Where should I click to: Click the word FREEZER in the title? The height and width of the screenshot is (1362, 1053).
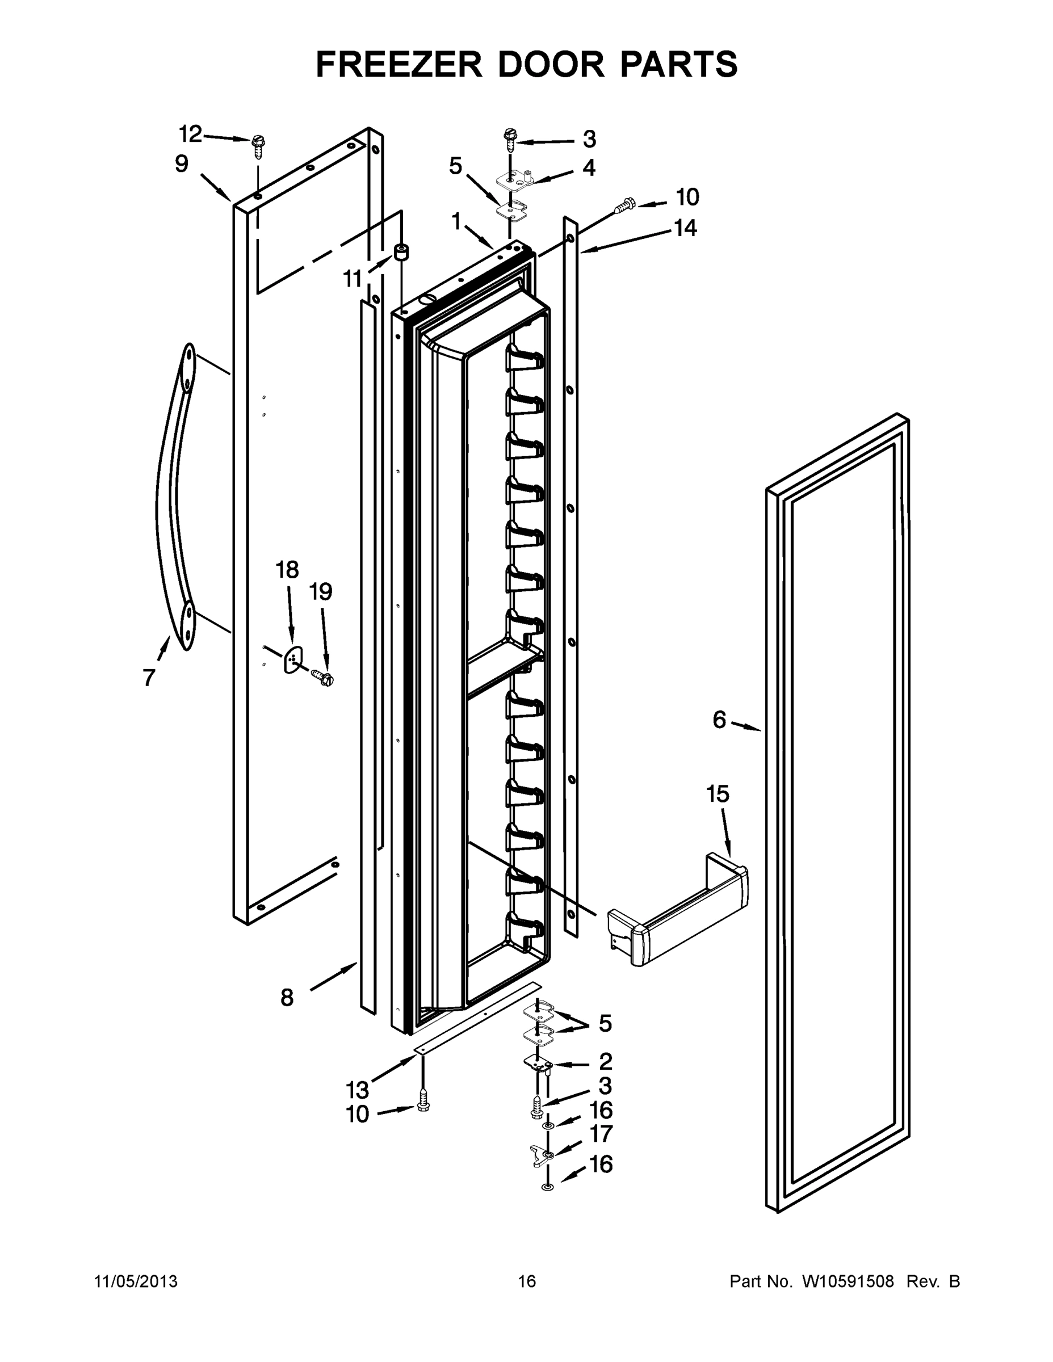(398, 64)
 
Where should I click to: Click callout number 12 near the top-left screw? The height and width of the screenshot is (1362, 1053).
(190, 133)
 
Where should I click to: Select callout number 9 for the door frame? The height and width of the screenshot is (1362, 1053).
(181, 164)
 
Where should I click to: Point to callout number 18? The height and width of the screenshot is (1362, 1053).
(288, 569)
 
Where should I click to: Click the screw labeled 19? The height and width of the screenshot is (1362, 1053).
(324, 676)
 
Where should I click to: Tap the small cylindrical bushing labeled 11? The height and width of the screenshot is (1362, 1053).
(401, 253)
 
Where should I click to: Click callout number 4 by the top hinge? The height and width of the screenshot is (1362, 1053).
(588, 167)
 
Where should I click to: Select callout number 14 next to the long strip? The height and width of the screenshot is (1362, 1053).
(685, 228)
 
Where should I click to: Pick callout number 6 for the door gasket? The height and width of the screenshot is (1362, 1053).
(719, 720)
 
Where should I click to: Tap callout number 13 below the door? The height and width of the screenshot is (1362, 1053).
(358, 1090)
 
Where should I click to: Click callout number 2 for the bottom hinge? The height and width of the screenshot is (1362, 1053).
(605, 1061)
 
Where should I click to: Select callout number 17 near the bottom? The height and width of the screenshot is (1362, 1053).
(601, 1133)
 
